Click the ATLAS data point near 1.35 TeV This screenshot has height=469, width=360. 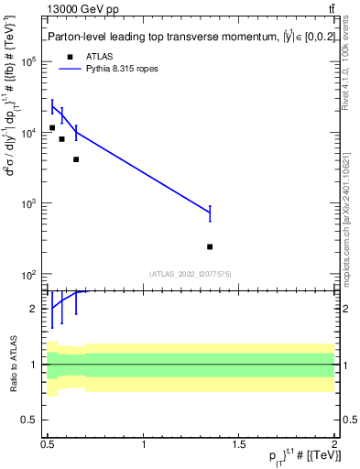click(x=210, y=246)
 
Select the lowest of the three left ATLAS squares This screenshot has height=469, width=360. click(x=76, y=159)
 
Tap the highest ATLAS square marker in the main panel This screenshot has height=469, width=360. click(x=52, y=127)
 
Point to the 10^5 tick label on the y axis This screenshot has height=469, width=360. click(x=29, y=61)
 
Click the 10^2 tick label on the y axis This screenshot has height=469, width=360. click(x=29, y=275)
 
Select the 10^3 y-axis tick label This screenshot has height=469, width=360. click(x=29, y=203)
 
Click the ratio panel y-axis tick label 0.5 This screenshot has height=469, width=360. click(x=31, y=420)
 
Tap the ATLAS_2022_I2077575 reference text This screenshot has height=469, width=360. click(x=190, y=273)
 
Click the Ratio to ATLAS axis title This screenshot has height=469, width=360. click(x=12, y=364)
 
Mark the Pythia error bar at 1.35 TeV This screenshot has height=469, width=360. click(x=210, y=213)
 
